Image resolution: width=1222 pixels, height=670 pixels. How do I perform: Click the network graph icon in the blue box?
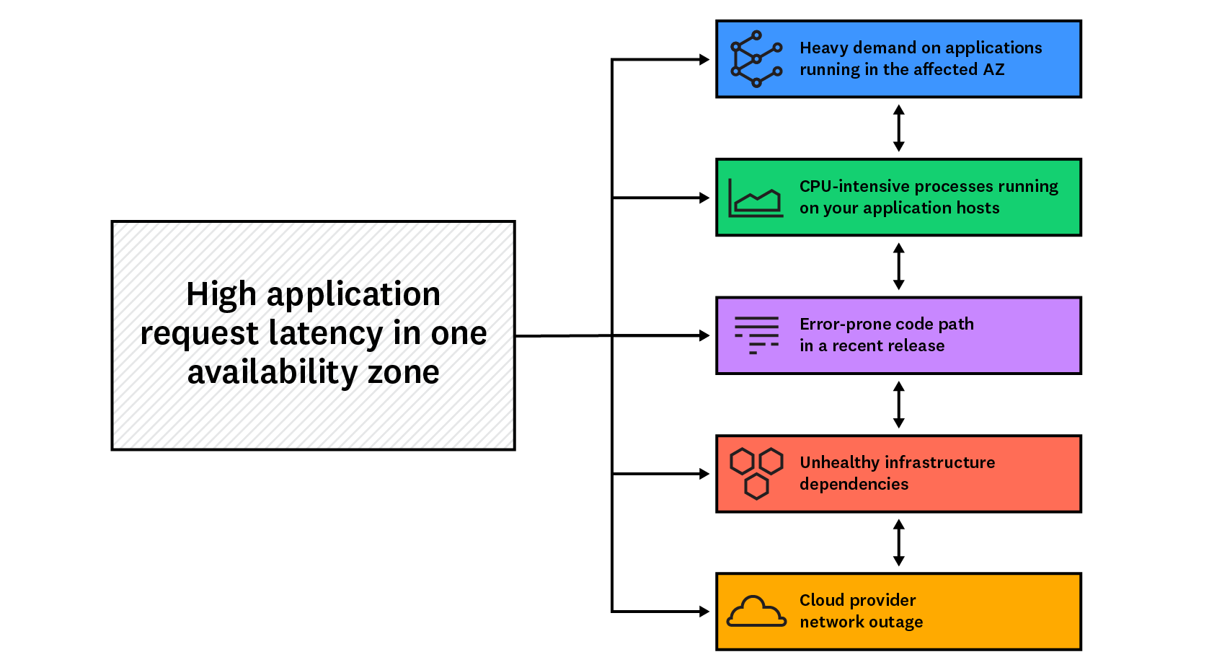point(756,59)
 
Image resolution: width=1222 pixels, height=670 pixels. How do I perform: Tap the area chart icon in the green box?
point(755,198)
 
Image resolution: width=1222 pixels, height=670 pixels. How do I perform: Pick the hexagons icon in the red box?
point(756,473)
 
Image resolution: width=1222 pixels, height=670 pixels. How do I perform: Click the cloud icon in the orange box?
point(756,612)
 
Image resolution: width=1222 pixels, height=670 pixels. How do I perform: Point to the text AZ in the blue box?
point(993,70)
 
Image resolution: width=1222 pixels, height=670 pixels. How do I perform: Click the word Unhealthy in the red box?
point(838,462)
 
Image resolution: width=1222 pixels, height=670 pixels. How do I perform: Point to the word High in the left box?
point(221,294)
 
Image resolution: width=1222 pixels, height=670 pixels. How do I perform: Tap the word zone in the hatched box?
point(403,372)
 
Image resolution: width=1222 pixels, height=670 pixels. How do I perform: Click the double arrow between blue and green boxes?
point(898,128)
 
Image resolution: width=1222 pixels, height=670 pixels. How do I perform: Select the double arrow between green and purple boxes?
point(898,266)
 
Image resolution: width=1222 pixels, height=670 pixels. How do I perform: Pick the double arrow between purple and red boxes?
point(898,405)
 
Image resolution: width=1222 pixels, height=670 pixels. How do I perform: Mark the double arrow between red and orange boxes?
point(898,542)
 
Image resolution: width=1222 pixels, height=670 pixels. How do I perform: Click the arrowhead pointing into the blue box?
point(704,60)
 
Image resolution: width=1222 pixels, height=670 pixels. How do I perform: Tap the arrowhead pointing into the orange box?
point(704,612)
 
